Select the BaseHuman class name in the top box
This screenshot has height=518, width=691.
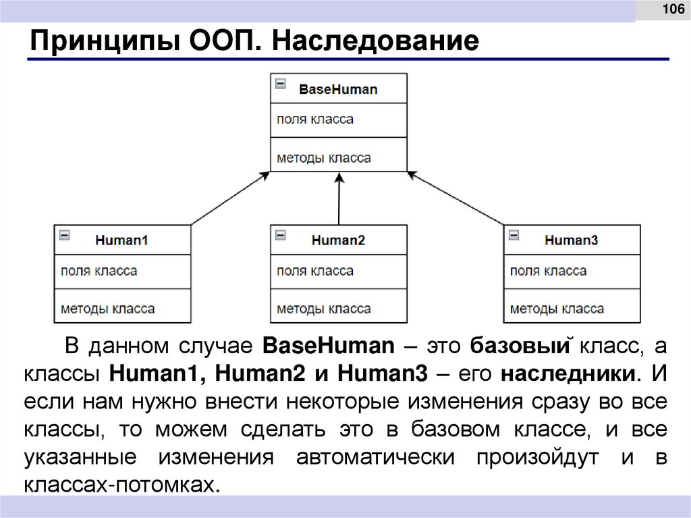[338, 88]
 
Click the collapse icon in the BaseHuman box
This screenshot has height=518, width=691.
[281, 84]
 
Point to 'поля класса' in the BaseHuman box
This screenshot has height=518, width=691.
[314, 120]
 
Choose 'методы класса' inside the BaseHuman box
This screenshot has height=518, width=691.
[323, 158]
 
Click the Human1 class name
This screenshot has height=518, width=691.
[121, 240]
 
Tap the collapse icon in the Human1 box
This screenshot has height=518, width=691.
[65, 235]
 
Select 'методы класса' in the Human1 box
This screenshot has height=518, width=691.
[107, 309]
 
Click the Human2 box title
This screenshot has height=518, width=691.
[338, 240]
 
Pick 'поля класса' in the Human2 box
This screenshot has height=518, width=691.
[314, 271]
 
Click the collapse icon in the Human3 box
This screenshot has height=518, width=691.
[514, 235]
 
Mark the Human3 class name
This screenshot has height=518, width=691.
[572, 240]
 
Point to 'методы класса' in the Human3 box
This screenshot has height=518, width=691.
[557, 309]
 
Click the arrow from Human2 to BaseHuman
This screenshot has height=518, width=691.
[339, 199]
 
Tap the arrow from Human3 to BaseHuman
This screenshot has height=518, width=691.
[455, 199]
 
